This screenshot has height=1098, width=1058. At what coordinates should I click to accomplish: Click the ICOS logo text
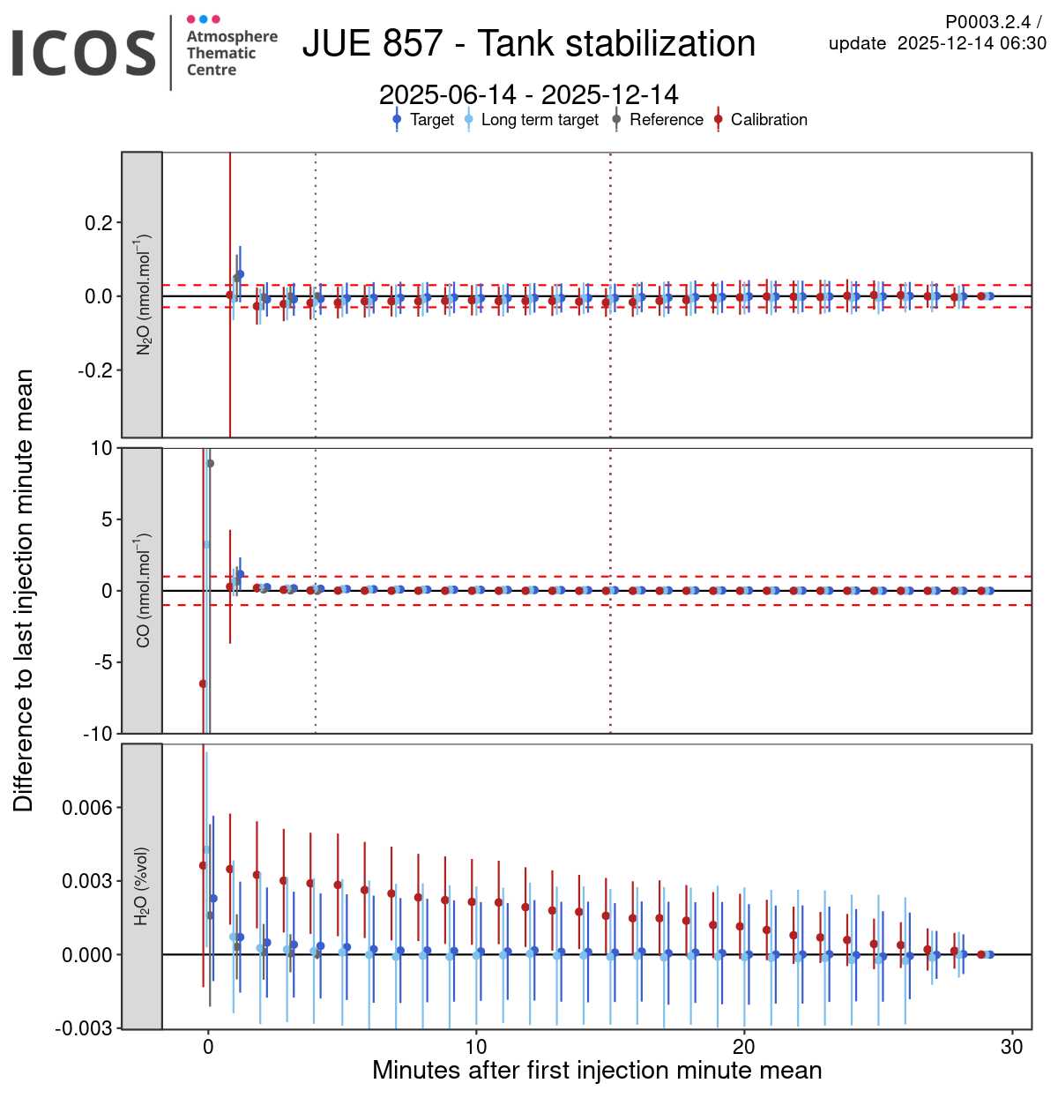(84, 53)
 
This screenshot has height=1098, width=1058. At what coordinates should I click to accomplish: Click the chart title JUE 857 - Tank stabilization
(528, 43)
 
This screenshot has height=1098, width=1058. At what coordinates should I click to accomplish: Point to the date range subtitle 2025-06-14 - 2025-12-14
(528, 94)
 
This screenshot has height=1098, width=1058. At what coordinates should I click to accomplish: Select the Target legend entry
(423, 120)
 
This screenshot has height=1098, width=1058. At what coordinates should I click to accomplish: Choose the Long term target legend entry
(532, 120)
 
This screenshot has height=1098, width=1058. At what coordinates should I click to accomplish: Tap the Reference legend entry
(658, 120)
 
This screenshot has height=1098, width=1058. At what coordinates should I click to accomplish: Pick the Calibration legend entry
(760, 120)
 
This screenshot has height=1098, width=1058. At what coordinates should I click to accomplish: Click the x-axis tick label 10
(476, 1047)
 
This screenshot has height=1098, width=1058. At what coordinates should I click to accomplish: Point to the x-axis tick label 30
(1012, 1047)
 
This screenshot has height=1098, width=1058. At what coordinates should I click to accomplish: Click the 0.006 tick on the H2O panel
(87, 808)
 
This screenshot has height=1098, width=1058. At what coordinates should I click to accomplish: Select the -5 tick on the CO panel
(105, 662)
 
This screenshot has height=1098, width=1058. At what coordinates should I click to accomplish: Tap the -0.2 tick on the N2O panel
(94, 370)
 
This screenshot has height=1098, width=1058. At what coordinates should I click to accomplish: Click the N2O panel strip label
(143, 295)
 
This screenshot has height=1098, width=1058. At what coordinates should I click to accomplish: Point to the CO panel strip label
(143, 591)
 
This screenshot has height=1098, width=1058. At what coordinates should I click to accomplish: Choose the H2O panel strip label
(143, 886)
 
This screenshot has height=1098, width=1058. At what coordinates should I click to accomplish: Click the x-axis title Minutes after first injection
(597, 1071)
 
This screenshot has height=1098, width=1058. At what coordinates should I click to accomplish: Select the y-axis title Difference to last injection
(24, 590)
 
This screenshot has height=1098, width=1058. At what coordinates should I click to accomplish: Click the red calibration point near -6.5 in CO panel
(203, 683)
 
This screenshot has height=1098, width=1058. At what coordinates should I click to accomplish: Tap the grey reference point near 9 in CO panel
(210, 463)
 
